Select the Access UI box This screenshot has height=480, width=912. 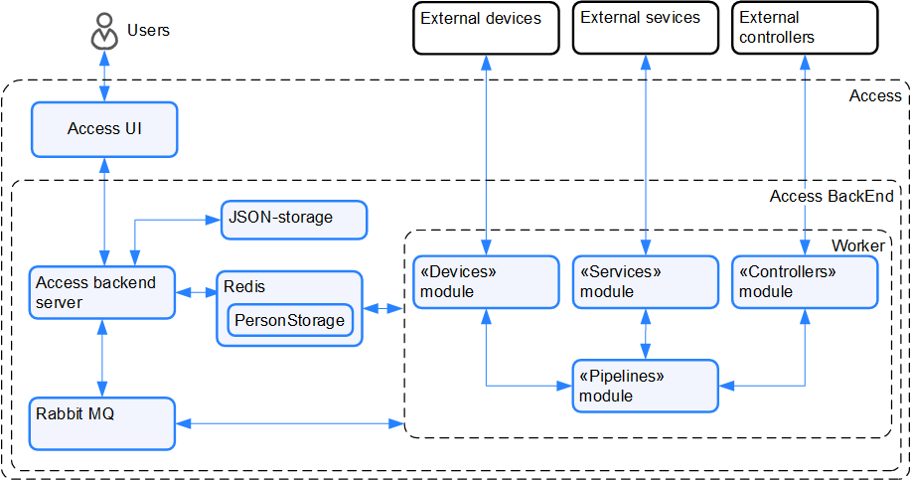pyautogui.click(x=104, y=129)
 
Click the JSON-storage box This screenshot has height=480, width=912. pyautogui.click(x=293, y=220)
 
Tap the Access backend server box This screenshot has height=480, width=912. pyautogui.click(x=101, y=292)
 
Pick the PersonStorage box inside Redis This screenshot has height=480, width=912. pyautogui.click(x=290, y=320)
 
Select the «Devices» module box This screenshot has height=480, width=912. pyautogui.click(x=485, y=282)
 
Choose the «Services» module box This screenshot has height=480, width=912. pyautogui.click(x=645, y=282)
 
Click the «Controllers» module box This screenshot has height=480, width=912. pyautogui.click(x=805, y=282)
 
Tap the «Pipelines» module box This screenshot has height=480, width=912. pyautogui.click(x=645, y=387)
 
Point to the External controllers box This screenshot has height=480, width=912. pyautogui.click(x=805, y=27)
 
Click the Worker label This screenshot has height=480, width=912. pyautogui.click(x=857, y=245)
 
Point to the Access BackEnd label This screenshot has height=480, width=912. pyautogui.click(x=831, y=197)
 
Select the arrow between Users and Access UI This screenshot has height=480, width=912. pyautogui.click(x=104, y=77)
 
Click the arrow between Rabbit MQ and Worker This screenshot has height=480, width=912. pyautogui.click(x=289, y=425)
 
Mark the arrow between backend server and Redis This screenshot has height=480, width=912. pyautogui.click(x=196, y=292)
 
